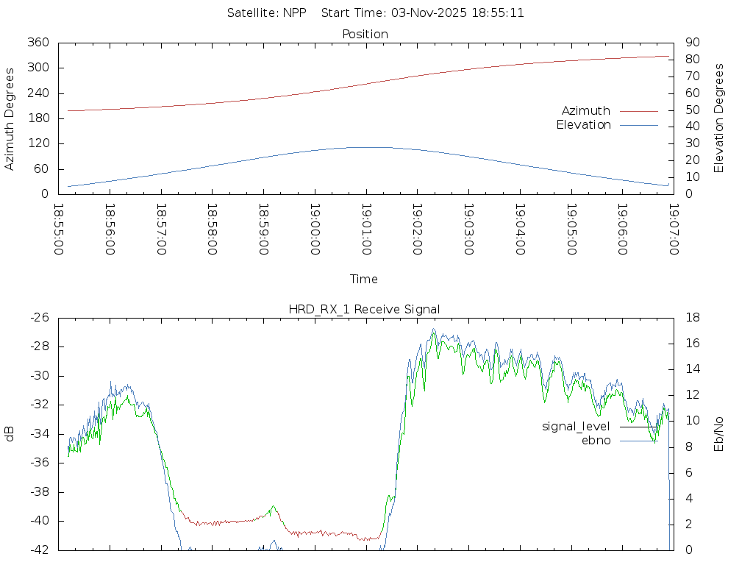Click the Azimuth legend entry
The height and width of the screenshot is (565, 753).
(x=586, y=111)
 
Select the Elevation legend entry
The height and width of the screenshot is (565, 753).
(x=583, y=125)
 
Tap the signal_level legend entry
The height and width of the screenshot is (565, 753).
(x=576, y=427)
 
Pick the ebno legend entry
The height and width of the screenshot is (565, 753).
(x=596, y=441)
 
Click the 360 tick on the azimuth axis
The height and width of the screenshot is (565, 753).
(x=38, y=43)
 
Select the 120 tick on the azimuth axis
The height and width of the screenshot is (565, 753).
(x=38, y=143)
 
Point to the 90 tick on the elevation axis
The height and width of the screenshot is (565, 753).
(x=691, y=43)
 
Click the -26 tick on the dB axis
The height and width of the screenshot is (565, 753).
(x=38, y=318)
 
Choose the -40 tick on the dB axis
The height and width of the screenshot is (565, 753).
(x=38, y=521)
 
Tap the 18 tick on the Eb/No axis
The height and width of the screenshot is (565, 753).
(x=691, y=318)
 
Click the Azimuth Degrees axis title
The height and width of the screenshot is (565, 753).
(x=10, y=118)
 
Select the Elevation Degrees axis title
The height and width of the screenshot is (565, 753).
(x=719, y=118)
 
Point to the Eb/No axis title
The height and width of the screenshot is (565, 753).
(x=719, y=434)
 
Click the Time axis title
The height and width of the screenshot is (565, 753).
(x=364, y=280)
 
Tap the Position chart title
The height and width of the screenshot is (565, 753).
(x=365, y=35)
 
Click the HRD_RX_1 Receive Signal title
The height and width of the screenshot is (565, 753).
(x=365, y=309)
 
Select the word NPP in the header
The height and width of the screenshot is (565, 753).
(x=295, y=13)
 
